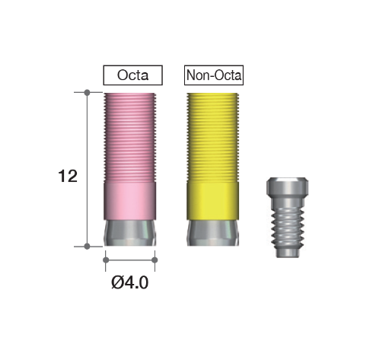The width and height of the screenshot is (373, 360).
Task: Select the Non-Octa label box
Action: click(x=214, y=75)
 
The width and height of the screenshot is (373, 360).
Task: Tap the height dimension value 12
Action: click(x=67, y=177)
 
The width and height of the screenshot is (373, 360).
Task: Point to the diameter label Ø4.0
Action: click(x=130, y=283)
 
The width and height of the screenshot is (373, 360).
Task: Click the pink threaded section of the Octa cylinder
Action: click(x=129, y=137)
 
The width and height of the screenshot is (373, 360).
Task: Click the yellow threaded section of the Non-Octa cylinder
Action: click(x=213, y=137)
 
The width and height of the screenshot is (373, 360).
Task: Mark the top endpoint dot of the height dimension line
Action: click(x=87, y=93)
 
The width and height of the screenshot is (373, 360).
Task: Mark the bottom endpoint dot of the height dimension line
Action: click(x=87, y=246)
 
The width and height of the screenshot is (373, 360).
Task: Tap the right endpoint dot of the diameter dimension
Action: click(x=155, y=260)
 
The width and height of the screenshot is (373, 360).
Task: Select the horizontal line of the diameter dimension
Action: click(x=129, y=260)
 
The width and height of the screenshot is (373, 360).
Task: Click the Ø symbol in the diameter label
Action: click(x=116, y=283)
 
